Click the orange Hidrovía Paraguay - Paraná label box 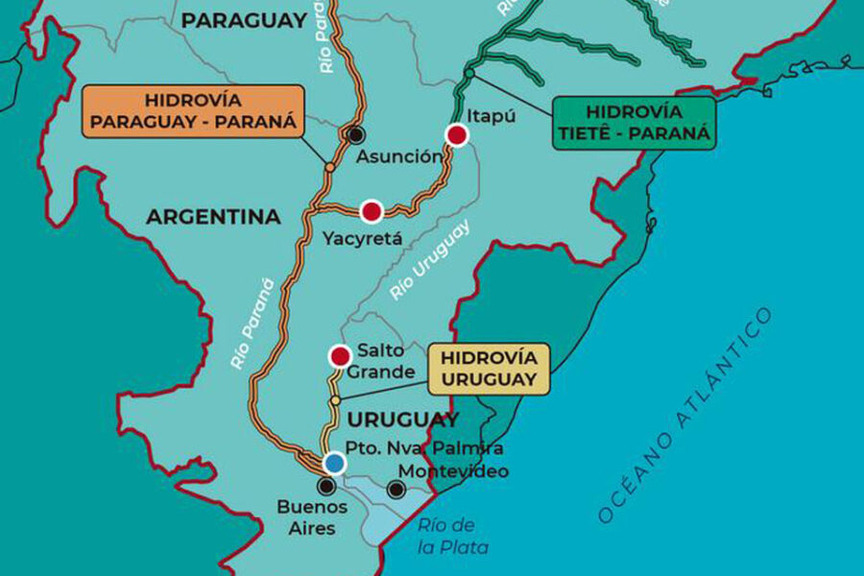[x=193, y=112]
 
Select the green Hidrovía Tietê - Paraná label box [x=634, y=122]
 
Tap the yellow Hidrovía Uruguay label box [x=489, y=369]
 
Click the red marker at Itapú [x=457, y=135]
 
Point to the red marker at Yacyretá [x=372, y=211]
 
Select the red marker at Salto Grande [x=339, y=357]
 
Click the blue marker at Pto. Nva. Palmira [x=333, y=463]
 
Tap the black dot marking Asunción [x=357, y=134]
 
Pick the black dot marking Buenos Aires [x=326, y=486]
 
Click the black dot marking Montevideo [x=396, y=491]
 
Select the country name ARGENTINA [x=213, y=218]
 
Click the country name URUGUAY [x=403, y=420]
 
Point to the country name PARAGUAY [x=245, y=20]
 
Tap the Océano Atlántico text [x=684, y=415]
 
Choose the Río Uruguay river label [x=431, y=261]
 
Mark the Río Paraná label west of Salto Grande [x=252, y=324]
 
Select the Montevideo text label [x=453, y=471]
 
